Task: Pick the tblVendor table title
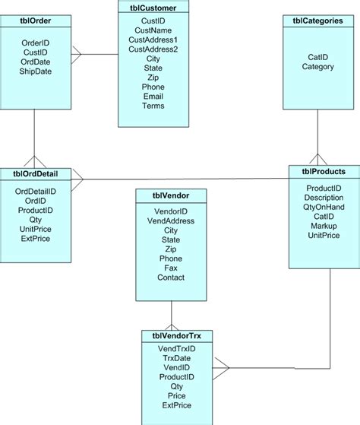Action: click(x=170, y=195)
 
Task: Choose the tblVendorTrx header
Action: click(x=176, y=335)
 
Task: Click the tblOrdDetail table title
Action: click(x=36, y=173)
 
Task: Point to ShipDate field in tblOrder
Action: click(x=36, y=71)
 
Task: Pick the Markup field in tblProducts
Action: click(x=324, y=227)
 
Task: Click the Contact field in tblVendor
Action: click(x=170, y=278)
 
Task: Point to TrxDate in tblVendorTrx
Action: click(x=176, y=357)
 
